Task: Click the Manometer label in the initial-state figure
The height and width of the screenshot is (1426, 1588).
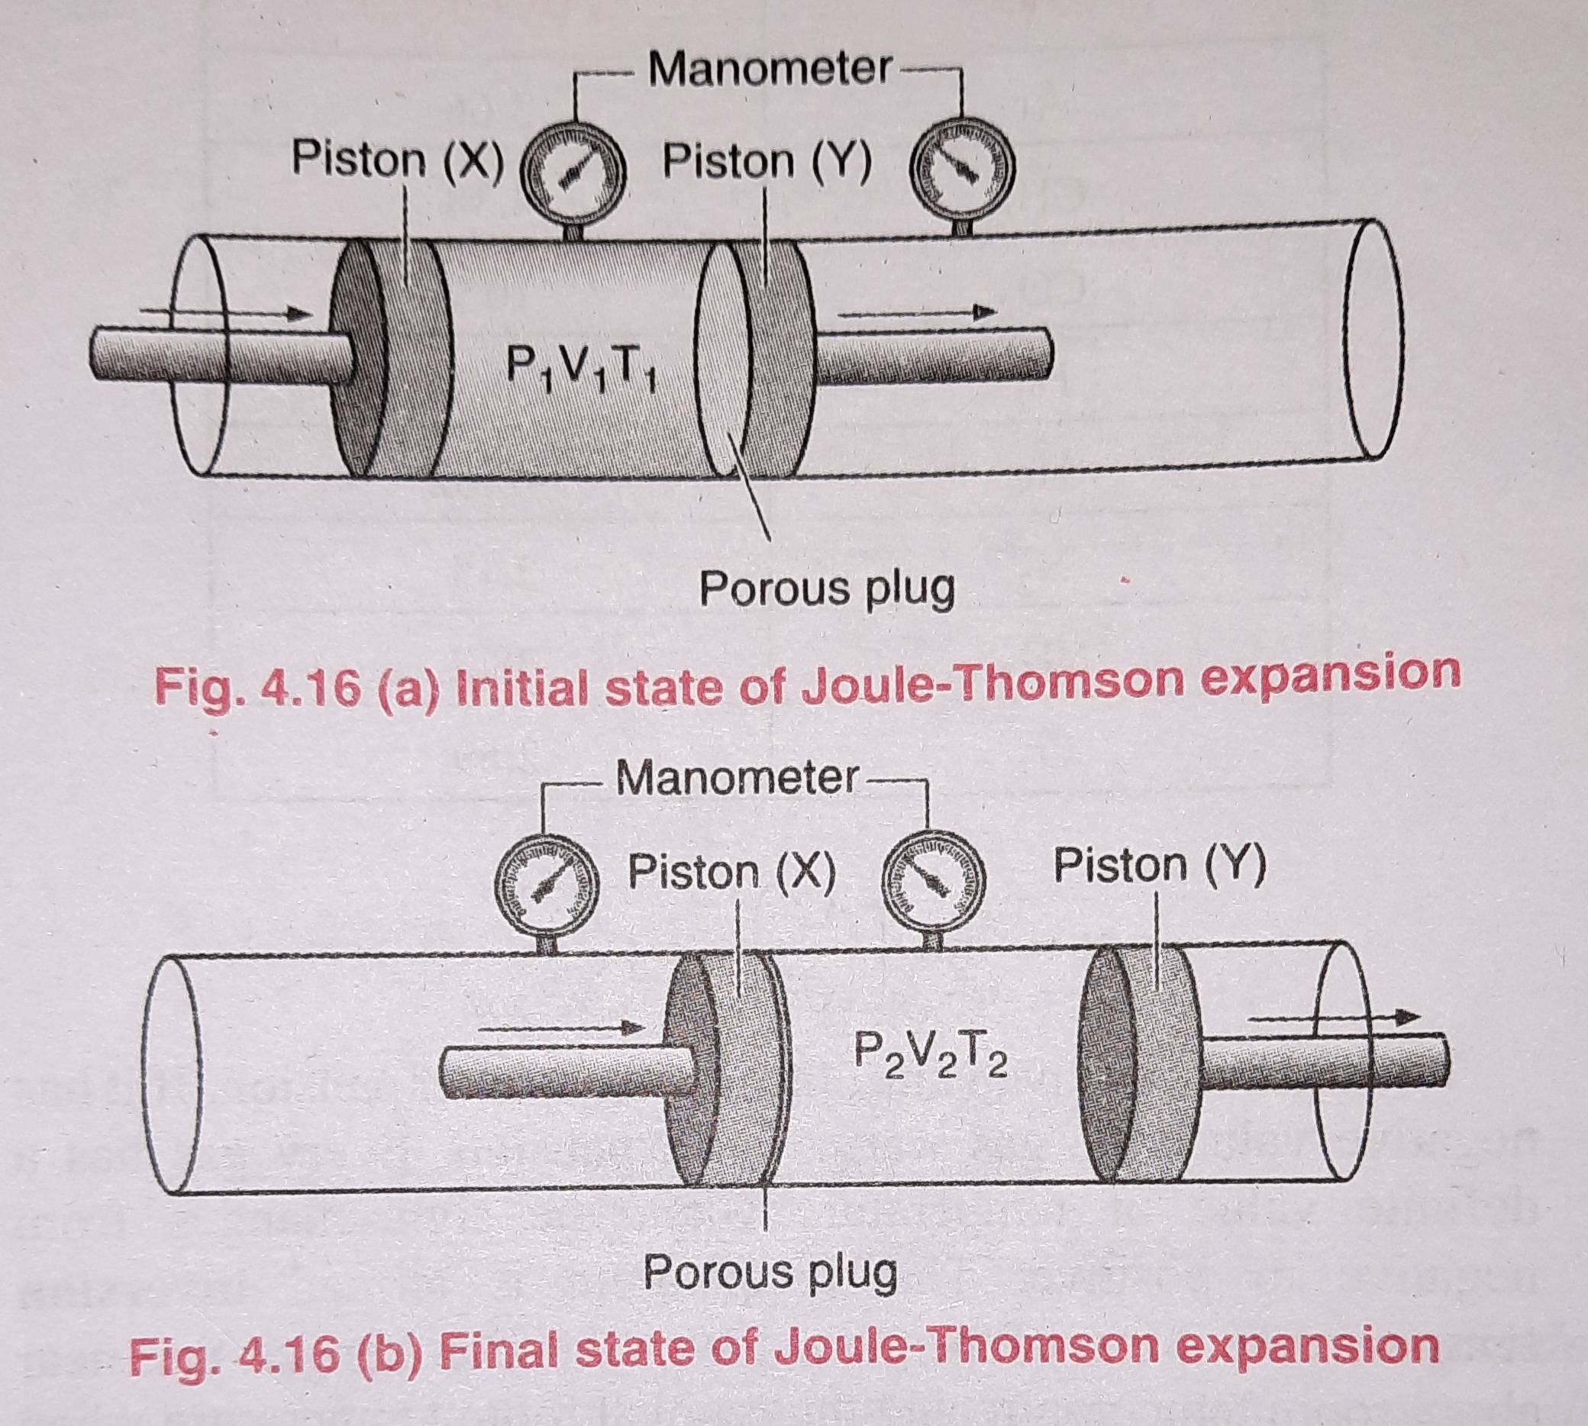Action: [770, 70]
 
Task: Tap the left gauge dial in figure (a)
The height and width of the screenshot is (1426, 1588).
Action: [576, 175]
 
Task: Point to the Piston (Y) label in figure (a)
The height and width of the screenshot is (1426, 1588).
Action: [767, 162]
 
